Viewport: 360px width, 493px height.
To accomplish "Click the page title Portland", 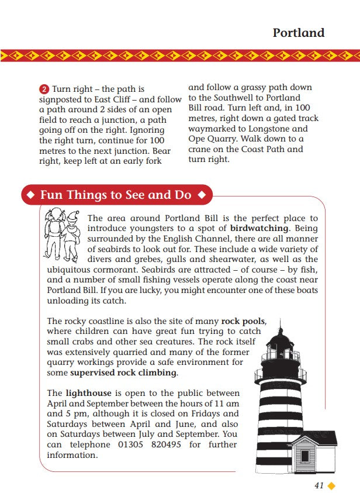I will pyautogui.click(x=298, y=33).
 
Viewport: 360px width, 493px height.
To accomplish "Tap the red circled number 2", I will pyautogui.click(x=44, y=89).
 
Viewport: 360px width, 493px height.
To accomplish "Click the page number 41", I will pyautogui.click(x=319, y=485).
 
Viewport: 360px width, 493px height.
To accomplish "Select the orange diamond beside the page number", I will pyautogui.click(x=331, y=485).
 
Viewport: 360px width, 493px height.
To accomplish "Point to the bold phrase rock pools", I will pyautogui.click(x=243, y=321).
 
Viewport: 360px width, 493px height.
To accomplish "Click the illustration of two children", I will pyautogui.click(x=62, y=235).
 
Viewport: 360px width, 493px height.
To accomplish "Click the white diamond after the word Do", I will pyautogui.click(x=202, y=195).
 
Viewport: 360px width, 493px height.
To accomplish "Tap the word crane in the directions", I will pyautogui.click(x=201, y=150).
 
